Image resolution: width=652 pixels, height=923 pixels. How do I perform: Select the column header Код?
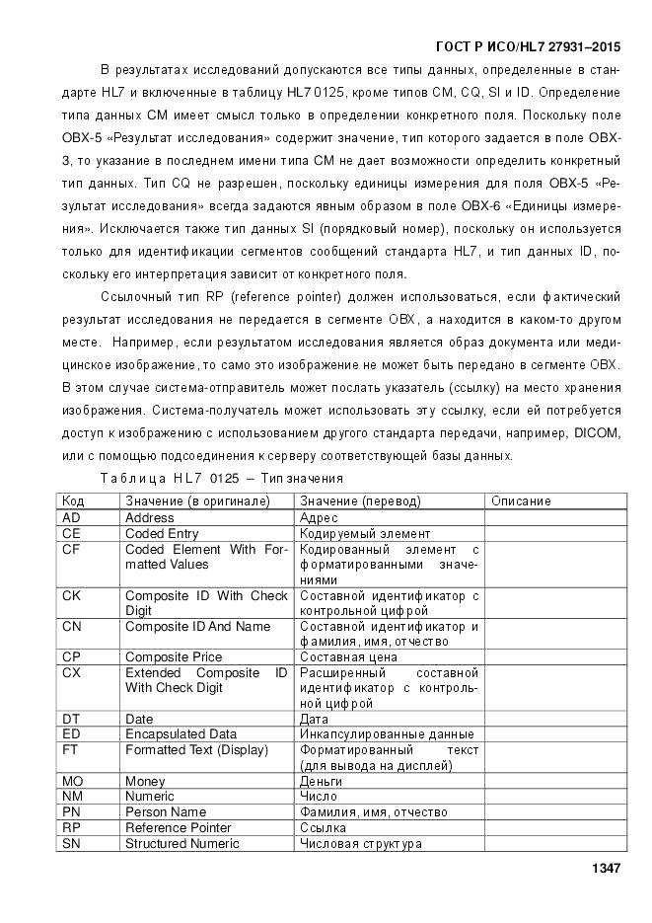[74, 501]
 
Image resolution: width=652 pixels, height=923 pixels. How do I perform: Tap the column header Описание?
[521, 501]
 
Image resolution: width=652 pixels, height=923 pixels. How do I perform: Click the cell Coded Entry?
[162, 533]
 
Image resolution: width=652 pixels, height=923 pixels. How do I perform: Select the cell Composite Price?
[173, 655]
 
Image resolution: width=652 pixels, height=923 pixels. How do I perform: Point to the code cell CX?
[71, 671]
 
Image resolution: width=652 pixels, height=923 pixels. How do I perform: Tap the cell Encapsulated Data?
[181, 733]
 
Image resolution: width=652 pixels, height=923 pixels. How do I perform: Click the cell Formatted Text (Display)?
[196, 749]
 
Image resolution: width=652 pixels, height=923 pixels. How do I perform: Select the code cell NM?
[71, 796]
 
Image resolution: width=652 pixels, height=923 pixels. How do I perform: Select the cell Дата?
[315, 719]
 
